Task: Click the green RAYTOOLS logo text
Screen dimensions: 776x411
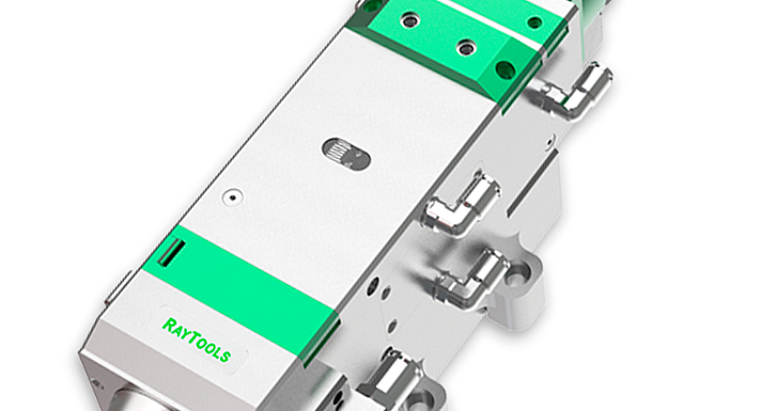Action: click(196, 340)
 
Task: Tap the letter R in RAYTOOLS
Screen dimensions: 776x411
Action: click(168, 325)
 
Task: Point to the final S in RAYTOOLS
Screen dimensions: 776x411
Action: click(225, 356)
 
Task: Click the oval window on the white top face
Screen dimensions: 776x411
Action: click(346, 153)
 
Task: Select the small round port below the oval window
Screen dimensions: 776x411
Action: click(233, 197)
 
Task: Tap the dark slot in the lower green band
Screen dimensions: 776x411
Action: click(172, 250)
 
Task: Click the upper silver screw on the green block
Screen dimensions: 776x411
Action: click(409, 20)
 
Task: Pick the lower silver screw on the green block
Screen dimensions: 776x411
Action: click(466, 48)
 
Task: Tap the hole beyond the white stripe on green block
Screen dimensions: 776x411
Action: click(534, 22)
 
